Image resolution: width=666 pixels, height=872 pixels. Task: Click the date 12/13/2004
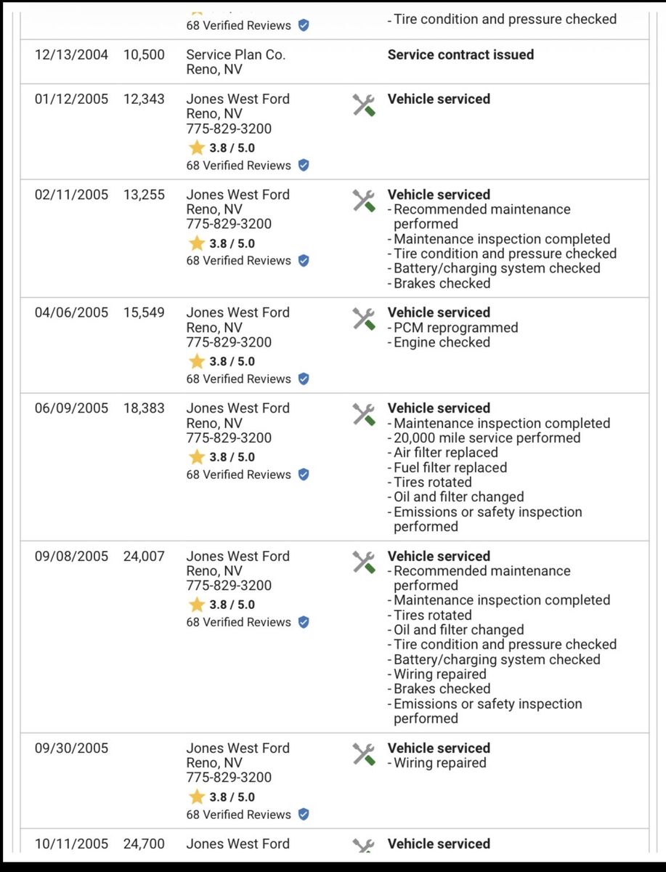point(71,54)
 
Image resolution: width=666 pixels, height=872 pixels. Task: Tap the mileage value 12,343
point(144,99)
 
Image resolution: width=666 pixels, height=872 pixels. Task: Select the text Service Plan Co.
point(235,54)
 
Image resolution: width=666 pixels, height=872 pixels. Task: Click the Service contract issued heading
point(460,54)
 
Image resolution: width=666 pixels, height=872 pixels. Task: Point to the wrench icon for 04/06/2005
point(364,318)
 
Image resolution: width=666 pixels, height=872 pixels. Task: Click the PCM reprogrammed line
point(455,328)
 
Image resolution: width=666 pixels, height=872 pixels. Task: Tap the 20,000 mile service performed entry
point(487,438)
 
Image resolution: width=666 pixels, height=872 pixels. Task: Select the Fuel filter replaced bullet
point(450,468)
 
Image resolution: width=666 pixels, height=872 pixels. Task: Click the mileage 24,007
point(144,557)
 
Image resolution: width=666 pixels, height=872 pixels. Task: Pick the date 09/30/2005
point(71,748)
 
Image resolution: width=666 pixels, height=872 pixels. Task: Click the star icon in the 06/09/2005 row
point(197,457)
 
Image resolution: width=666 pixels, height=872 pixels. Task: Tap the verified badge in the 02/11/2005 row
point(304,261)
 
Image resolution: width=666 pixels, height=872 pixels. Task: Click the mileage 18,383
point(144,408)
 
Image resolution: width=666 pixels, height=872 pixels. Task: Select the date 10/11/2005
point(71,844)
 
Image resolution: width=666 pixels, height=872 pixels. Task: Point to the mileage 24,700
point(144,844)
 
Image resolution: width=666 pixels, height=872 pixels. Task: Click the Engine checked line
point(442,342)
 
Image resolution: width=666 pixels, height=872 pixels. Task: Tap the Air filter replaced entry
point(445,453)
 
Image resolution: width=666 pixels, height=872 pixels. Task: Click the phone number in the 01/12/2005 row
point(229,129)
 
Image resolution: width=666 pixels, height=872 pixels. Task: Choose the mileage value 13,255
point(144,195)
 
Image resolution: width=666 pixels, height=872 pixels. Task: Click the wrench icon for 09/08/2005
point(364,562)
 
